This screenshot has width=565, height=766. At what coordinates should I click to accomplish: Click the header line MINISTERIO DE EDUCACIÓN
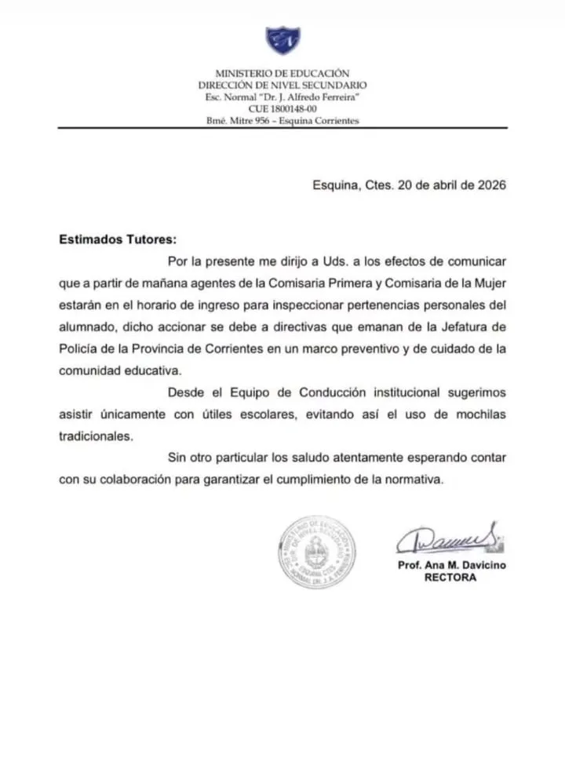(282, 73)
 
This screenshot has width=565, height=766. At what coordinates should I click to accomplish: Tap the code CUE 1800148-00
(282, 108)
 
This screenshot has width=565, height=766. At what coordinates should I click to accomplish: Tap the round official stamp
(317, 553)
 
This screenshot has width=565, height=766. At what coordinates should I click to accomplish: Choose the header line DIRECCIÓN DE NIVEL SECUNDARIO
(282, 85)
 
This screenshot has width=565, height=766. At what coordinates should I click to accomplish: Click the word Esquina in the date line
(335, 186)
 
